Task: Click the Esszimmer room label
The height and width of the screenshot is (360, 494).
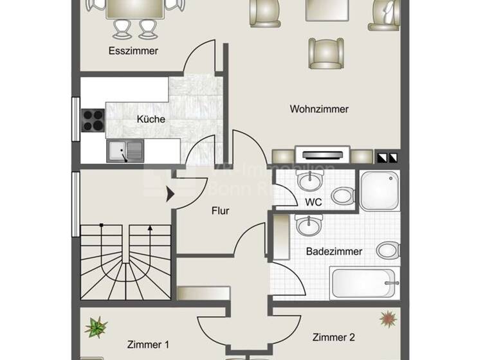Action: point(134,51)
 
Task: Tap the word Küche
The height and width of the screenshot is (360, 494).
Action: point(151,119)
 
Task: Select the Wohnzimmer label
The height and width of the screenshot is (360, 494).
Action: point(319,109)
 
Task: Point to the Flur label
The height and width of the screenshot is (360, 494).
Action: point(220,210)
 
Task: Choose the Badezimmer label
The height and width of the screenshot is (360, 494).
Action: point(334,251)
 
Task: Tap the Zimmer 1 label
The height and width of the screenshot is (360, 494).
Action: point(148,345)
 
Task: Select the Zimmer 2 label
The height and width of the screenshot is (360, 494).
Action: point(334,337)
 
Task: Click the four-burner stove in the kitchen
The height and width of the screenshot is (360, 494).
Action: point(93,120)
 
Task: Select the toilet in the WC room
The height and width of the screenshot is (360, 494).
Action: point(342,194)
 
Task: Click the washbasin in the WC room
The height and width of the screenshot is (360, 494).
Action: point(310,182)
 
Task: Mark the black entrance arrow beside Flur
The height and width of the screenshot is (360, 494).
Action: point(171,194)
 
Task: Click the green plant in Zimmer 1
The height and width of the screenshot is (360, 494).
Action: point(96,327)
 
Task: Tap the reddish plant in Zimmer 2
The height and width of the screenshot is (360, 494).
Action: point(387,318)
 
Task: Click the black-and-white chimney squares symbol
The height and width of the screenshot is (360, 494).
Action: point(388,156)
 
